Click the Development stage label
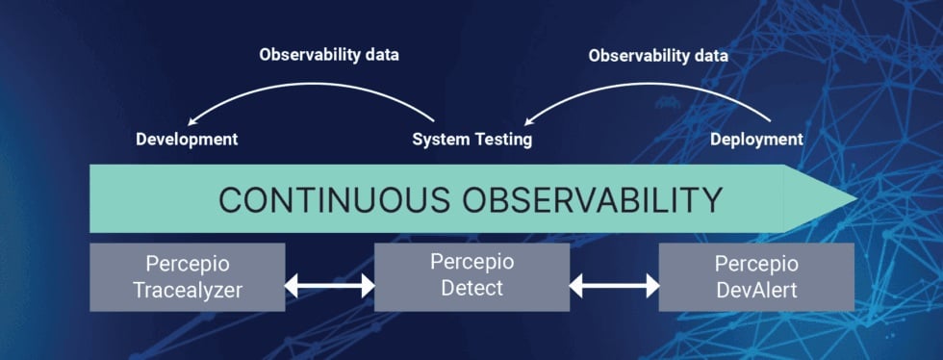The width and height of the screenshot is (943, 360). (187, 140)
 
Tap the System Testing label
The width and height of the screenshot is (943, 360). (471, 140)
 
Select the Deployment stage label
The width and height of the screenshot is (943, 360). (756, 140)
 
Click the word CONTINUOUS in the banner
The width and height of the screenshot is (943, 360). (330, 199)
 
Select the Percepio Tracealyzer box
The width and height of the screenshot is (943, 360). (187, 277)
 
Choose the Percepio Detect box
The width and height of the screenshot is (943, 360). (471, 277)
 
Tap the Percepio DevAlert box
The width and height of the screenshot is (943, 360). (756, 277)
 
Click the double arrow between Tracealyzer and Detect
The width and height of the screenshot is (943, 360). (329, 286)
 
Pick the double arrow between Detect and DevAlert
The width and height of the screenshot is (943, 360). (614, 286)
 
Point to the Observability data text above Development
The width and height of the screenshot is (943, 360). (328, 55)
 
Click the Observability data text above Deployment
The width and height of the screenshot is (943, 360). (658, 55)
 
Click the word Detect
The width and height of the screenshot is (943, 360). (471, 288)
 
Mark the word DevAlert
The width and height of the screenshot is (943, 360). (756, 290)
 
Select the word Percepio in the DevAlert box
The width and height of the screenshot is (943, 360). (756, 264)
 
